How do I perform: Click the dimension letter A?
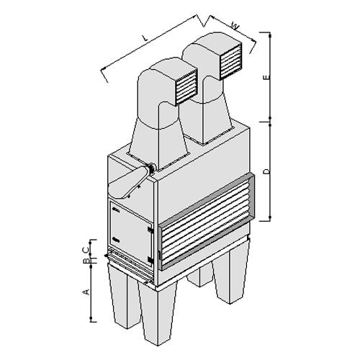point(86,292)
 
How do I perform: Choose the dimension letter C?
point(86,250)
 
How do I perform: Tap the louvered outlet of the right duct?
point(230,61)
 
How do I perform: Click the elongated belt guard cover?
point(128,182)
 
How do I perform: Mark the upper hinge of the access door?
point(150,230)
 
